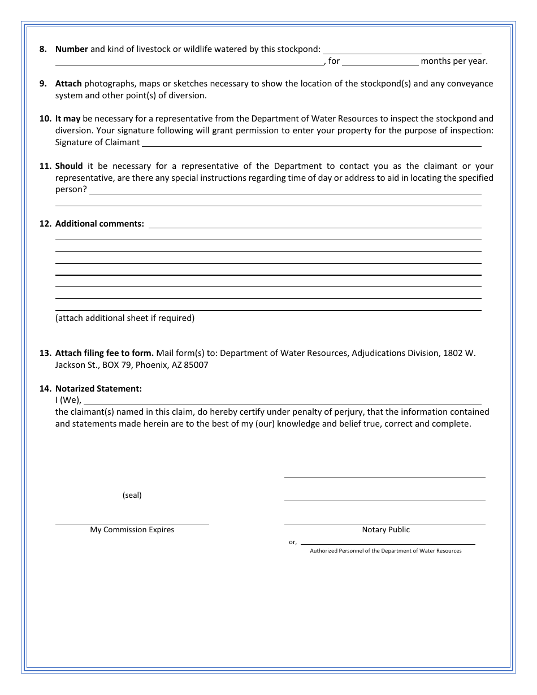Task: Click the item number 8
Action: [43, 49]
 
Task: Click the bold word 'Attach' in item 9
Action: [68, 84]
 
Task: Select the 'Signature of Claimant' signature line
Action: [311, 142]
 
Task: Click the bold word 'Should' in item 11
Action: [69, 166]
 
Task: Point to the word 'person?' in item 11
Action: [71, 190]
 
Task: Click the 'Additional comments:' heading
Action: [99, 224]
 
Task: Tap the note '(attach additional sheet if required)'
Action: [125, 318]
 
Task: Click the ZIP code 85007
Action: [196, 365]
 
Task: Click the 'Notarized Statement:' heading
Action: [98, 389]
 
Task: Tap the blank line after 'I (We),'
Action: [283, 401]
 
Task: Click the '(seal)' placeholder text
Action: [132, 495]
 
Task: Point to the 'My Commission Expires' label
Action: [132, 530]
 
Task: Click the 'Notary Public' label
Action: [386, 530]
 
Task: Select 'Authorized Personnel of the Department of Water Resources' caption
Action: [386, 551]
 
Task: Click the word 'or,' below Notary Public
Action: [293, 542]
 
